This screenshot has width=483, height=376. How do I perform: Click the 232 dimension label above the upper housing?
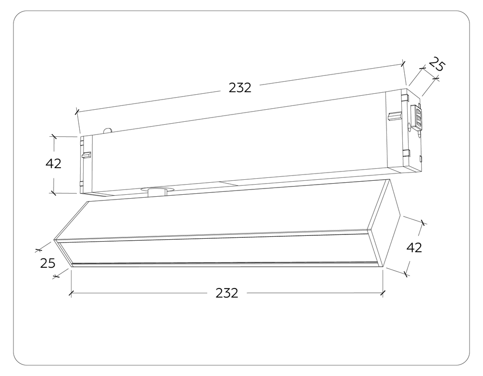coord(240,87)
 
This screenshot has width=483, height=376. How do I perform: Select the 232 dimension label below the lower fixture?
coord(227,293)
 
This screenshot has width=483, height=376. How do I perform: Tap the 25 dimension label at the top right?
coord(436,64)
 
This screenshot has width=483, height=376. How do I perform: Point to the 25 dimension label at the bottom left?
coord(47,263)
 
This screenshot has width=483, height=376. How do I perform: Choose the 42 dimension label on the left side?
coord(54,164)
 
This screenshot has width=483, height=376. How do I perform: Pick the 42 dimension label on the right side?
coord(414,248)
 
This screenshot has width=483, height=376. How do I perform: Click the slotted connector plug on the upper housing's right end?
coord(416,116)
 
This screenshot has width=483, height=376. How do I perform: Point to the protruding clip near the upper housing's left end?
coord(86,155)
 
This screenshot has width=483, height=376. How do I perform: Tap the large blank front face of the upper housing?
coord(237,145)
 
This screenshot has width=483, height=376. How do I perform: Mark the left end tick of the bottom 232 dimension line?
coord(71,293)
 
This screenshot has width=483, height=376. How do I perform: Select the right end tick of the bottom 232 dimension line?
coord(383,292)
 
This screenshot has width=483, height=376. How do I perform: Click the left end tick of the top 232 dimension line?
coord(77,112)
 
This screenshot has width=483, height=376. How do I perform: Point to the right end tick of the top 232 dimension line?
coord(404,63)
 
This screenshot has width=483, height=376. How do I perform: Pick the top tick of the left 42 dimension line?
coord(54,137)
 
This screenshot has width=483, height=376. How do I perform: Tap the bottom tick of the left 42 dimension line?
coord(54,193)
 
